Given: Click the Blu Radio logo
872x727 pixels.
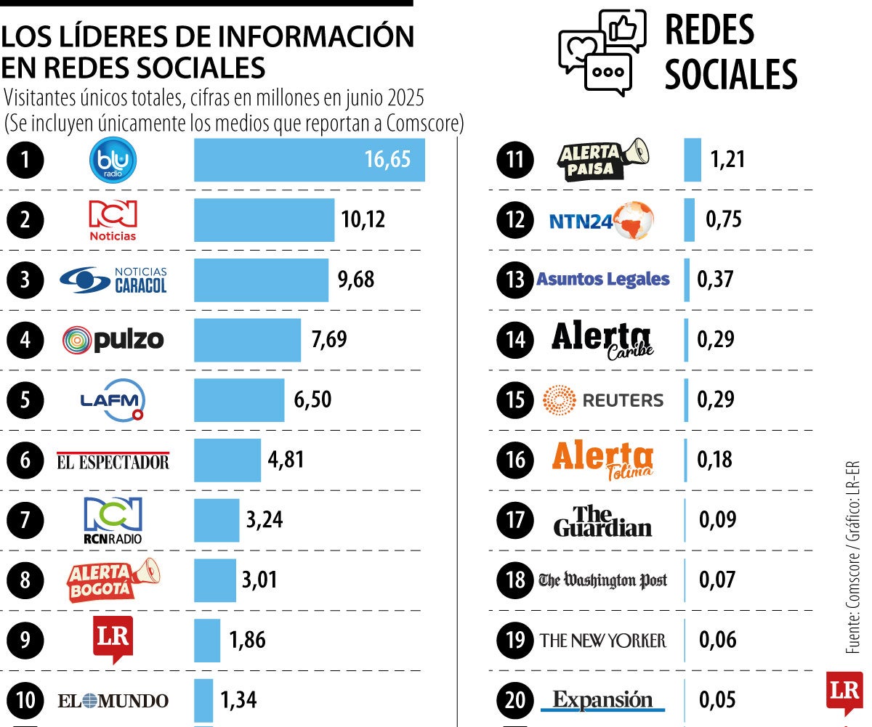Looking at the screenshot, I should pos(113,160).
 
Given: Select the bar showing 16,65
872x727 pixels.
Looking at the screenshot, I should pos(309,160).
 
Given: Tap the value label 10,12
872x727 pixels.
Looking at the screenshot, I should pos(363,219).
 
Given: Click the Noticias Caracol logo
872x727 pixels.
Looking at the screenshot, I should pos(113,280).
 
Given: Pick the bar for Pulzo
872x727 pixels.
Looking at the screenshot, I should pos(247,339).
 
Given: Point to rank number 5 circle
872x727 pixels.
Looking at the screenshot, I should pos(25,400).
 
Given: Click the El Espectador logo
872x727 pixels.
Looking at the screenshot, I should pos(113,460).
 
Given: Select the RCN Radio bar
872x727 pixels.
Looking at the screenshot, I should pos(216,520).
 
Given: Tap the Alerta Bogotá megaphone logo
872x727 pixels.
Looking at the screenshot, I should pos(113,580).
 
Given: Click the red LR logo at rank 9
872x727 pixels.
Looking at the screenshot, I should pos(113,639).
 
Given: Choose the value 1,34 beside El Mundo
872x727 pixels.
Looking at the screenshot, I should pos(238,700).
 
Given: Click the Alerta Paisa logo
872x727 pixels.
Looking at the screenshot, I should pos(602,160).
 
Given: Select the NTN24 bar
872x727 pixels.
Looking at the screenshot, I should pos(689,219).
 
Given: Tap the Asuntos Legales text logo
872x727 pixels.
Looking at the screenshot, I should pos(602,280).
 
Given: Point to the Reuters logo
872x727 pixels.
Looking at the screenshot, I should pos(602,400).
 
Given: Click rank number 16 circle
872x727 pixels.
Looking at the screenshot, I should pos(515,460).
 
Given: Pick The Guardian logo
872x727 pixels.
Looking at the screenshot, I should pos(602,521).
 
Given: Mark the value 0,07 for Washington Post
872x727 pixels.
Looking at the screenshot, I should pos(717,580).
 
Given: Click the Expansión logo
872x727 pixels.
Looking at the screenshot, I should pos(602,700).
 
